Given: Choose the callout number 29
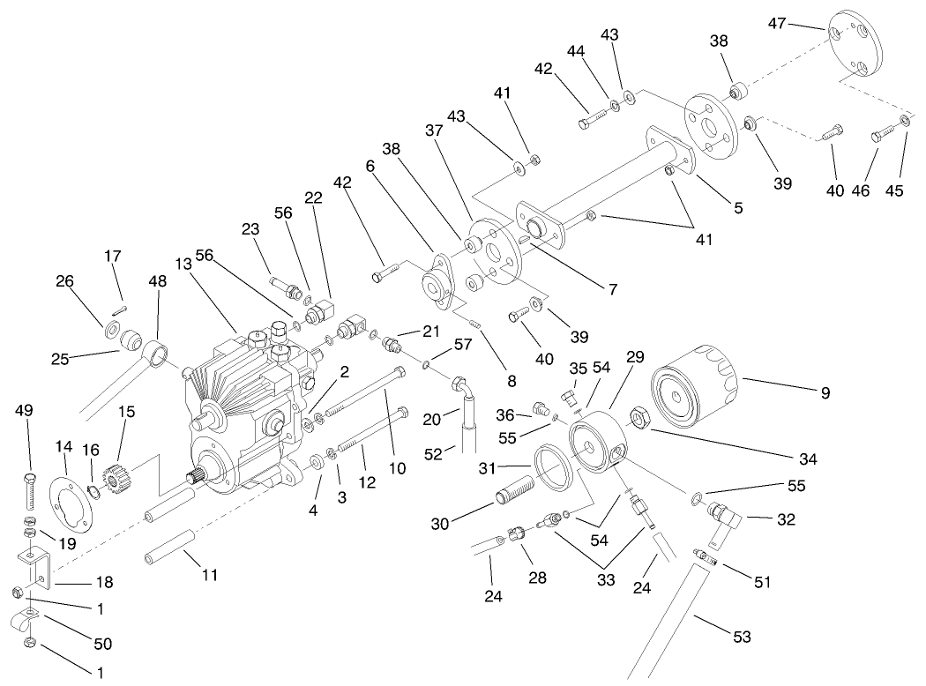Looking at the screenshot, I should (x=635, y=357).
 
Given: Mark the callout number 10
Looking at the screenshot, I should (x=397, y=468).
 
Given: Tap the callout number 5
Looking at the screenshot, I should (x=737, y=209).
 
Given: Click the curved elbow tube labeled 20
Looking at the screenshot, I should (x=460, y=390).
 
